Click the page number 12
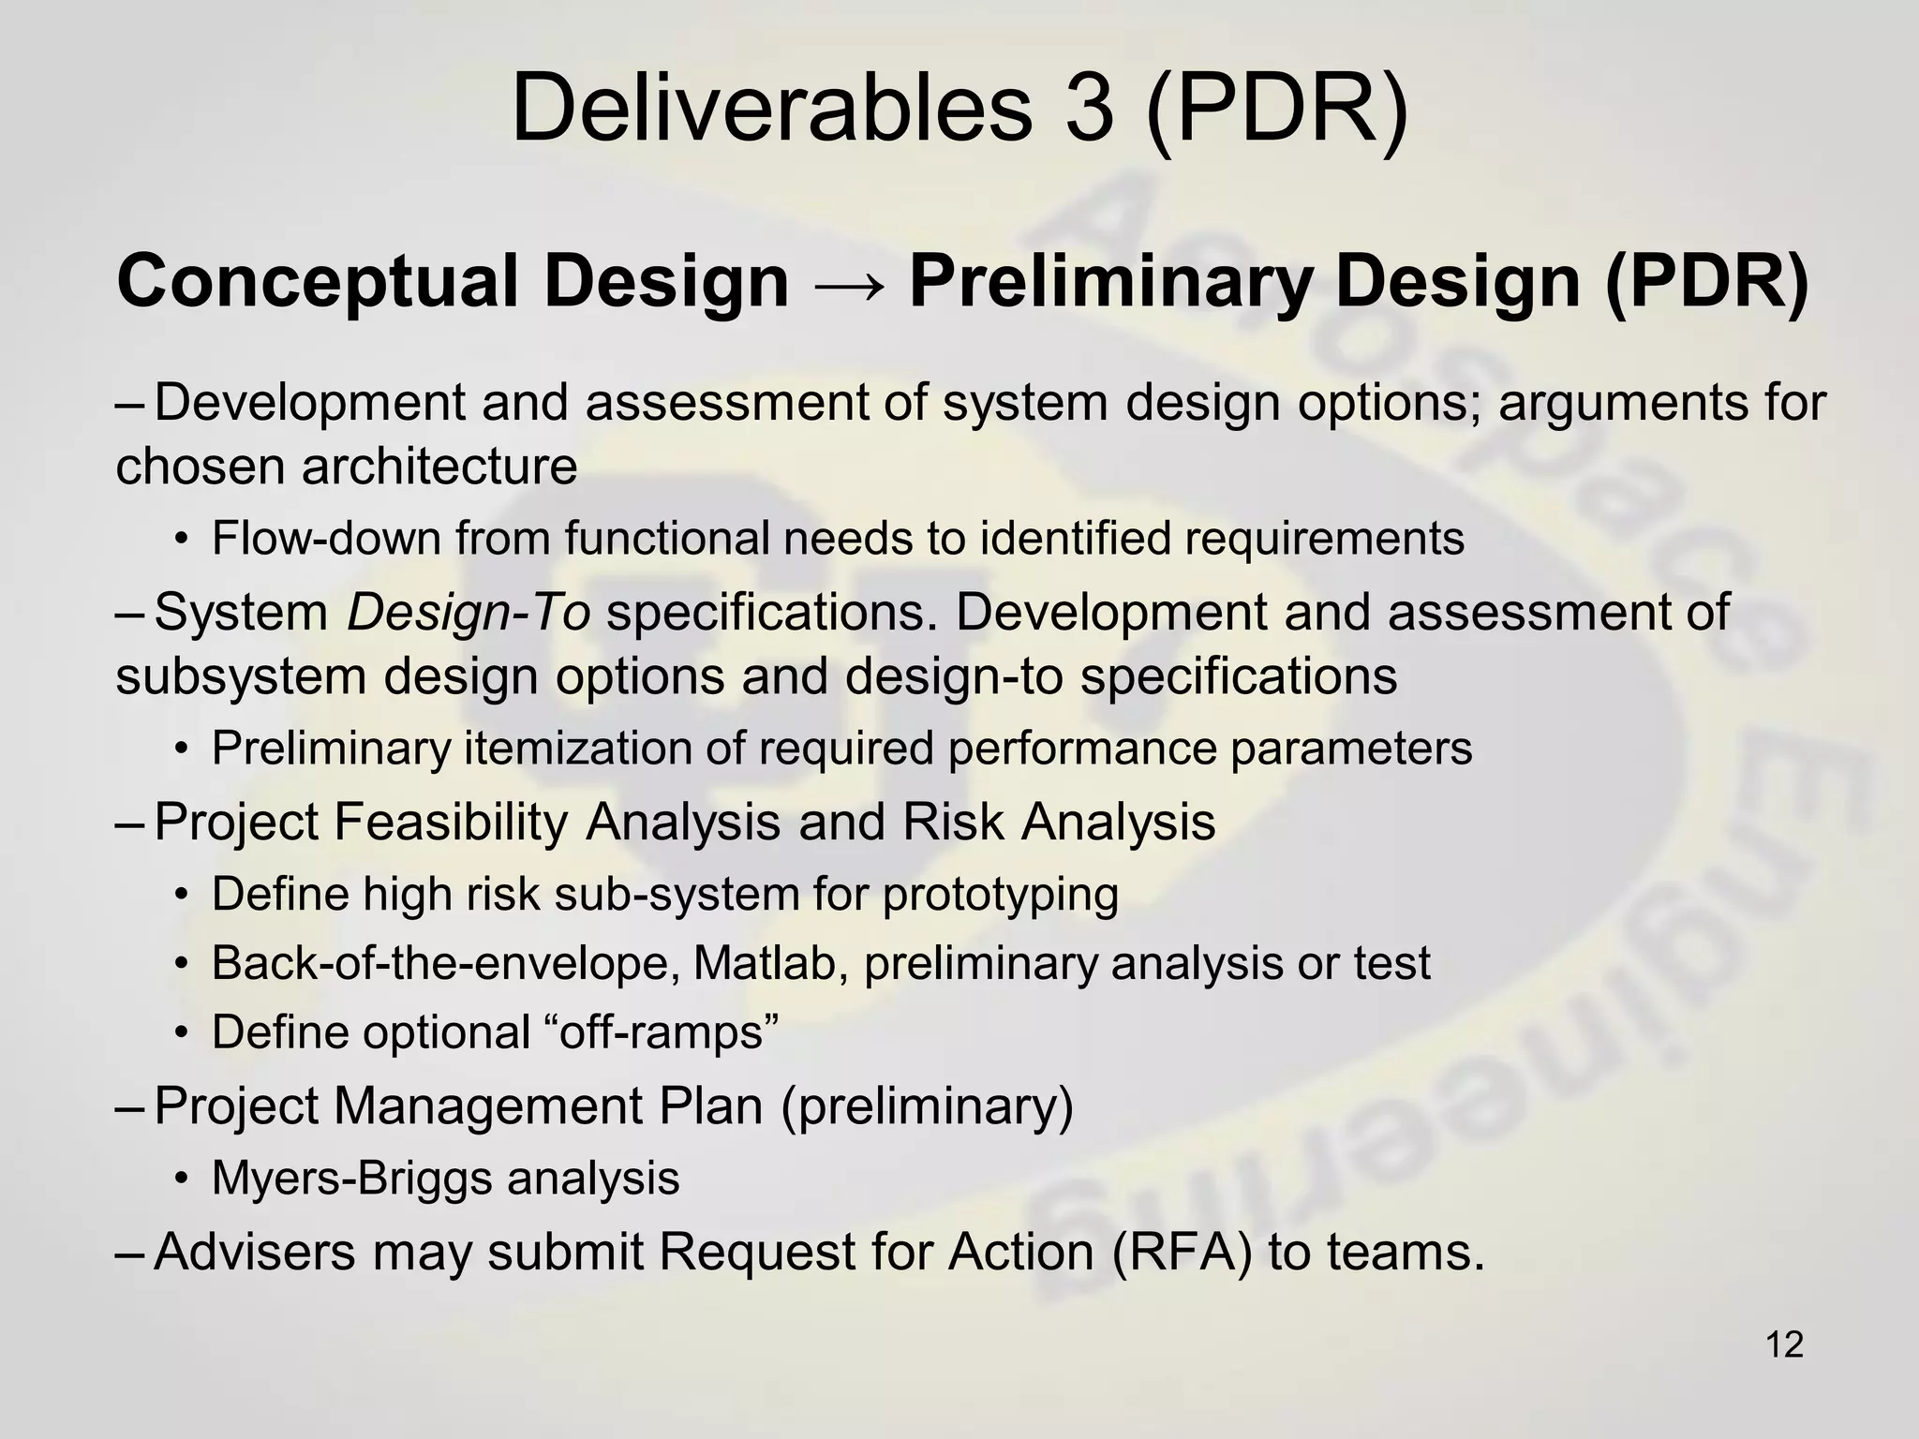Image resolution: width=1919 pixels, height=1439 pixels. [1784, 1344]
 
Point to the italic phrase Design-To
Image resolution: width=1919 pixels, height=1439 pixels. [469, 613]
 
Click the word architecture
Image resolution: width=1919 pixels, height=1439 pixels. [439, 467]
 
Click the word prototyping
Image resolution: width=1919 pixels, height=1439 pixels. [1000, 894]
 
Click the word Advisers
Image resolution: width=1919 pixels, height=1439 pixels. [255, 1252]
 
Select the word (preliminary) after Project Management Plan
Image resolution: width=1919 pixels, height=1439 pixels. [927, 1105]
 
